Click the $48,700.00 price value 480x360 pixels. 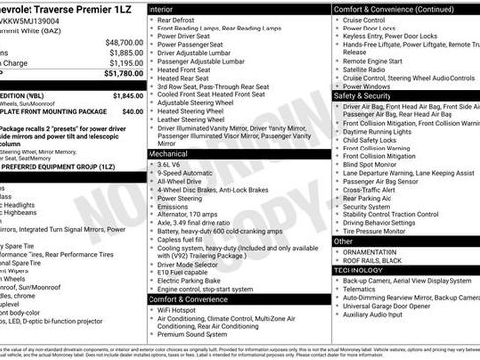(x=123, y=43)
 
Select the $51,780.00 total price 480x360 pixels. (x=123, y=73)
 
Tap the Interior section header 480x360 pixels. (x=167, y=8)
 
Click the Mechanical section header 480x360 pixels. (x=173, y=154)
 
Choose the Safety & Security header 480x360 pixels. (x=363, y=96)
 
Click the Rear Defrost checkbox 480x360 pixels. (x=153, y=20)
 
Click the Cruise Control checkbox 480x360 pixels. (x=337, y=20)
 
